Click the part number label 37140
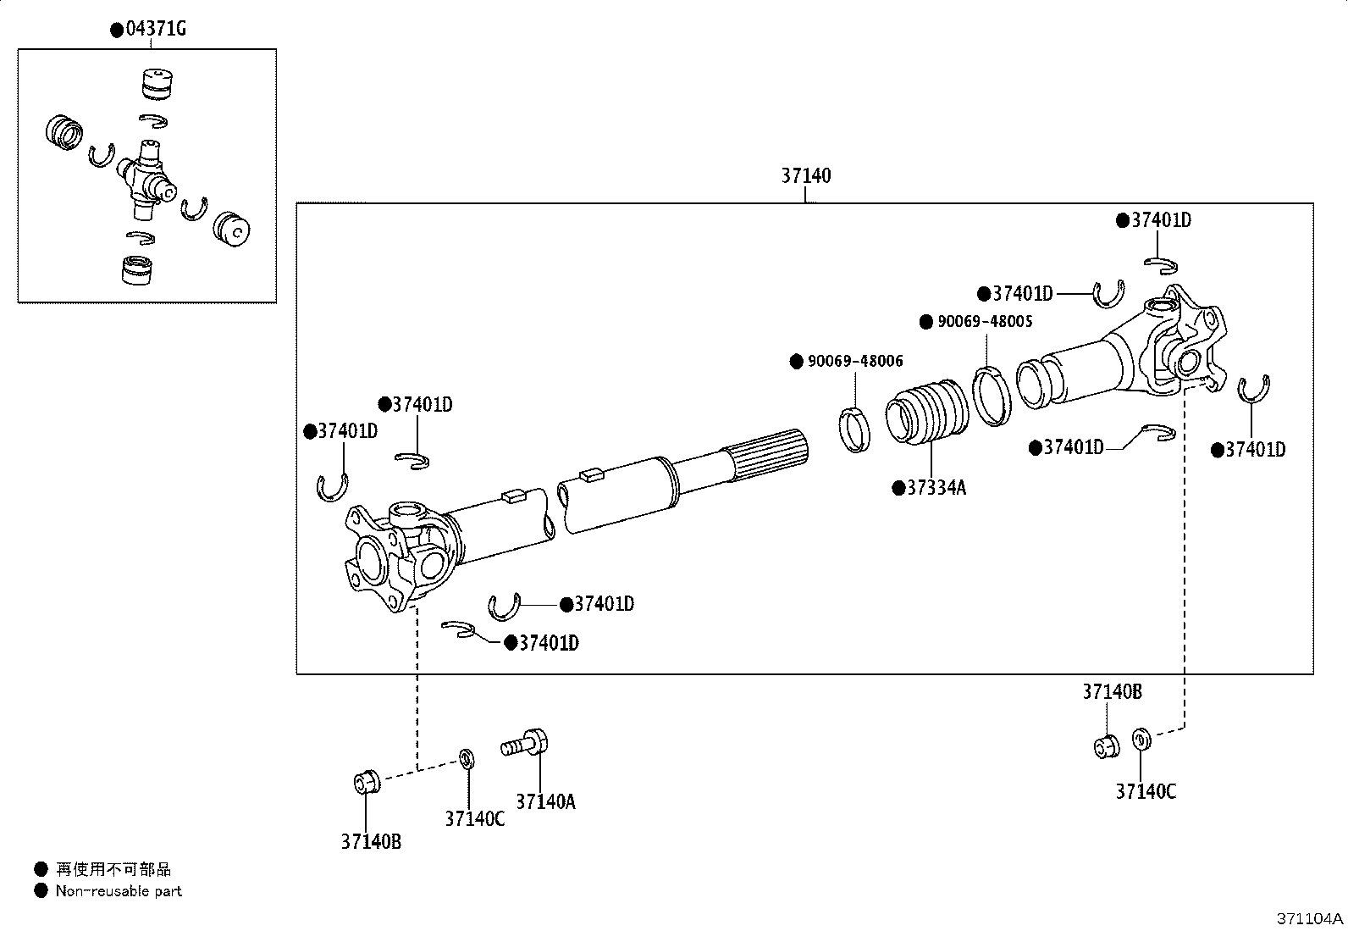click(805, 176)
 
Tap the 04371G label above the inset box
click(155, 30)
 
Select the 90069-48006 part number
click(854, 362)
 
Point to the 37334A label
click(936, 488)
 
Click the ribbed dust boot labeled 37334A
click(925, 413)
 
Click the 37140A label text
click(545, 801)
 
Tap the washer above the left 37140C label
click(466, 757)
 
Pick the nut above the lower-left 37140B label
click(366, 781)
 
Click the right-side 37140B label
click(1112, 692)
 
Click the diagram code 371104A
click(1310, 919)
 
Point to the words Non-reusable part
click(119, 891)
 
